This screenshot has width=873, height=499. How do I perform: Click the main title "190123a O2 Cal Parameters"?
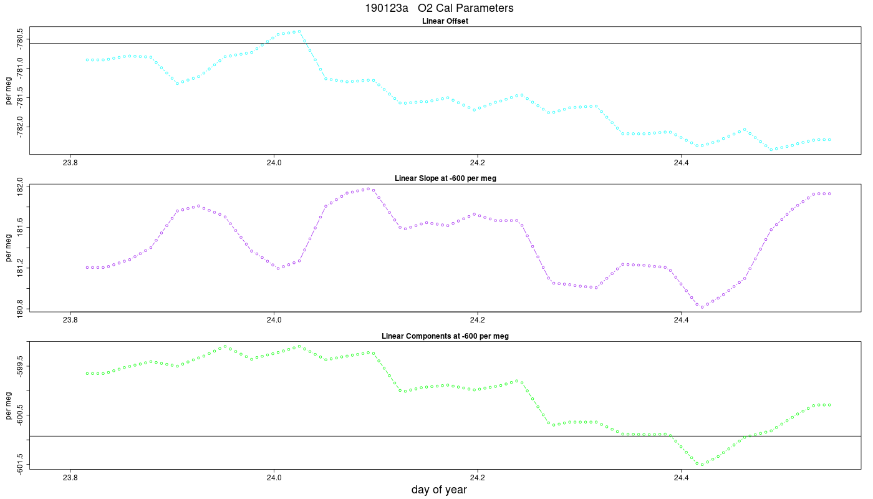(439, 7)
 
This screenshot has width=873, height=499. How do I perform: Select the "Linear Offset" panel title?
(445, 21)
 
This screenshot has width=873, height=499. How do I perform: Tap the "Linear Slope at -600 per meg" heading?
(445, 178)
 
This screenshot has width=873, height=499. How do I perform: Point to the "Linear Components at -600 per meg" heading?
(445, 336)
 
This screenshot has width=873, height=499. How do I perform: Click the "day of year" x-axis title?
(439, 490)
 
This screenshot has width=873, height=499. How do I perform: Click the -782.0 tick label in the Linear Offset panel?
(20, 127)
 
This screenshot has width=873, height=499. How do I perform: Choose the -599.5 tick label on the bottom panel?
(20, 366)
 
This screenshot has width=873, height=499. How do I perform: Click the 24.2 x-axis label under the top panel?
(478, 163)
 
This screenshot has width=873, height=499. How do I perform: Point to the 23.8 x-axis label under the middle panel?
(70, 320)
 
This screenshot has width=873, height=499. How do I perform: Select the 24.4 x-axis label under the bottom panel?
(681, 478)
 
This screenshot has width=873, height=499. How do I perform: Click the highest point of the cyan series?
(299, 31)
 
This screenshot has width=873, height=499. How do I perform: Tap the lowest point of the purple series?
(702, 307)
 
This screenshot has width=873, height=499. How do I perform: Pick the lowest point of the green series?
(702, 465)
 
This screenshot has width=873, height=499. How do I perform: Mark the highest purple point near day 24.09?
(369, 189)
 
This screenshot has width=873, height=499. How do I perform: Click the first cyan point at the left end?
(87, 60)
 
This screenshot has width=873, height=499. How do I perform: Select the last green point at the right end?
(829, 405)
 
